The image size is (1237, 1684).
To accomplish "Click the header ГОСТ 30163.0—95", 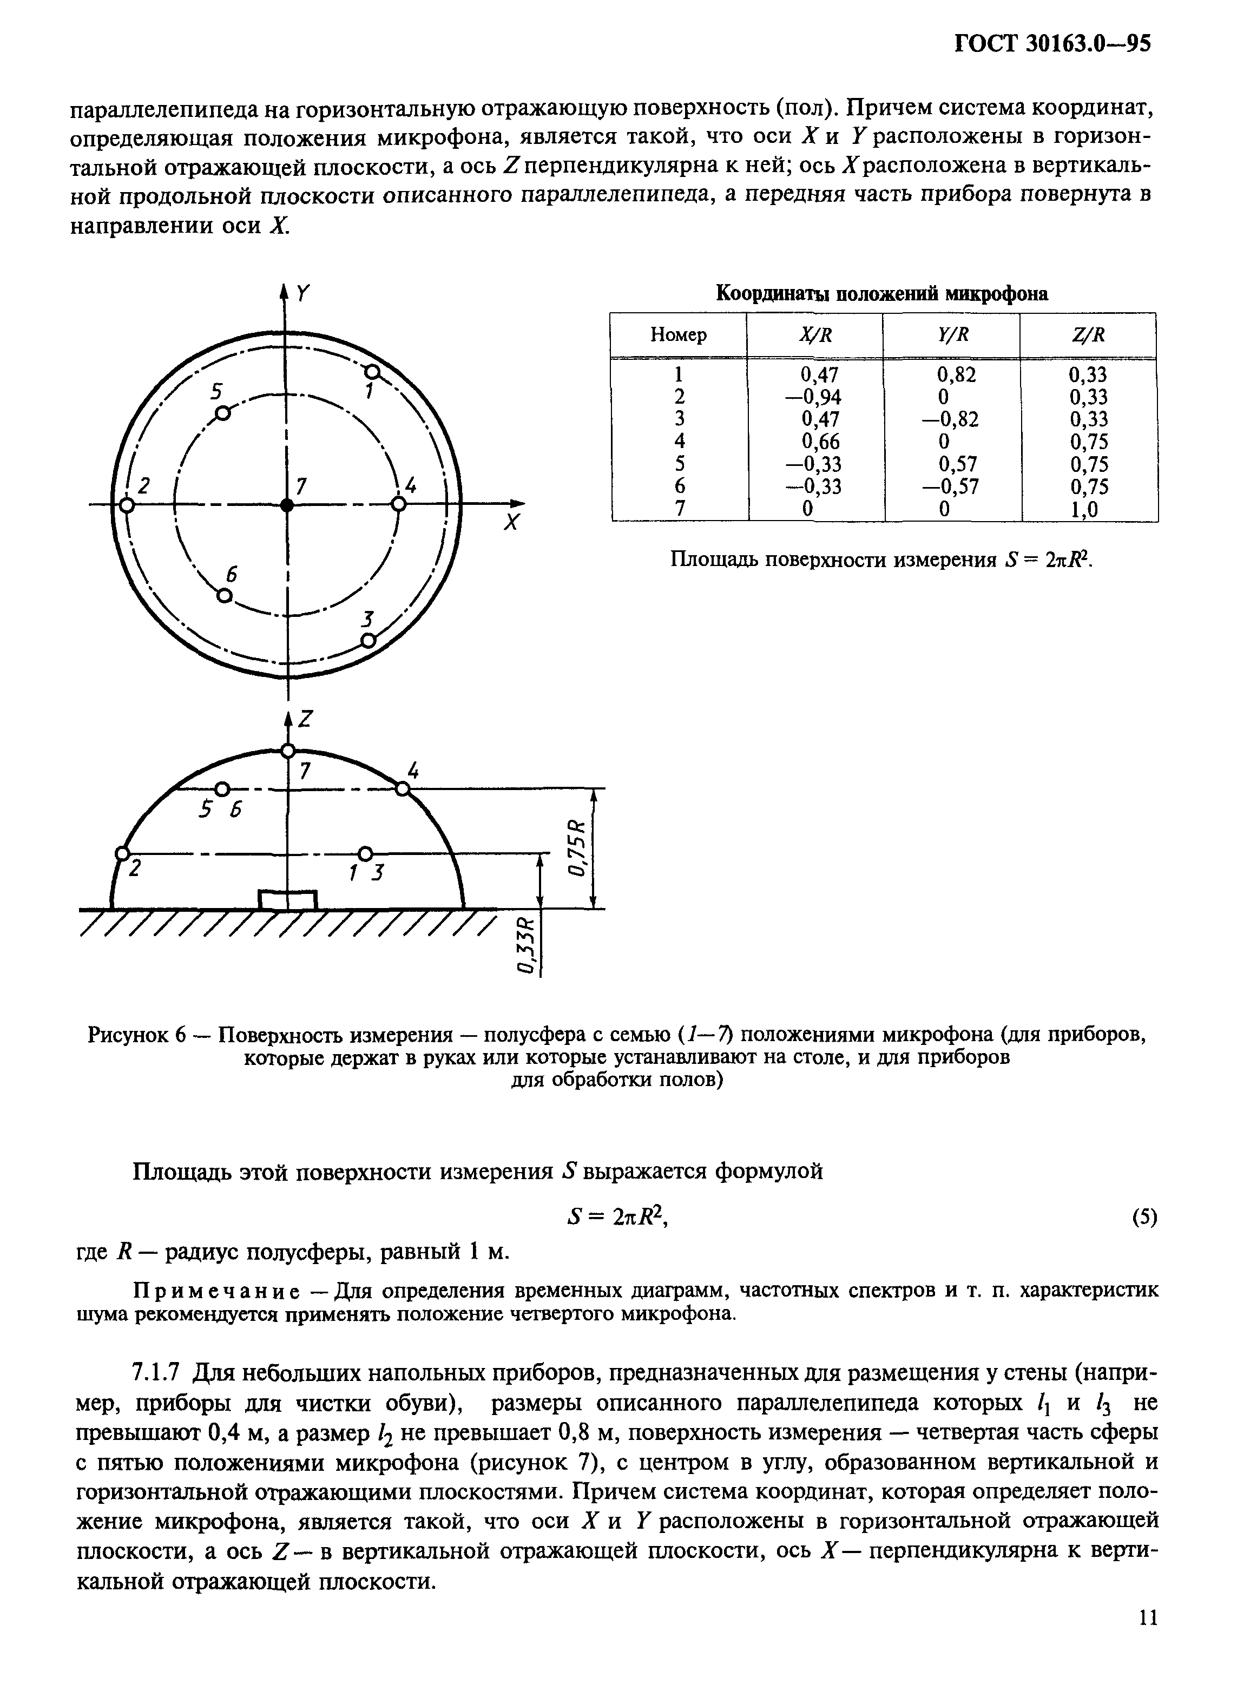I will (x=1052, y=44).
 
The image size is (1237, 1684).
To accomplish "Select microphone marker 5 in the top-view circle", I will (x=222, y=413).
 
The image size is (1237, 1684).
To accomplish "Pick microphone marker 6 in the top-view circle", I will (x=223, y=595).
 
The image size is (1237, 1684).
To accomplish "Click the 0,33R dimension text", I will (x=529, y=945).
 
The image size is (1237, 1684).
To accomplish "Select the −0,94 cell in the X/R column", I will (x=814, y=397).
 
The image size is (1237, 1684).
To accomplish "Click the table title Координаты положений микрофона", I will (x=882, y=293).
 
